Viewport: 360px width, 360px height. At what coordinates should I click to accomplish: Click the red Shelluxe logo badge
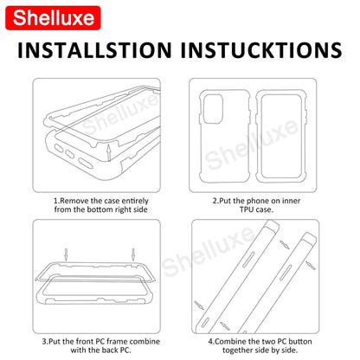53,18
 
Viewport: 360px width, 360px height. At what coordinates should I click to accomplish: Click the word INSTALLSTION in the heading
94,50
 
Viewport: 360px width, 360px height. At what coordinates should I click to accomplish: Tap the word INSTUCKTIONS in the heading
261,50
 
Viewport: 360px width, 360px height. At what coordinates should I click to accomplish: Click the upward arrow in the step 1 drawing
108,153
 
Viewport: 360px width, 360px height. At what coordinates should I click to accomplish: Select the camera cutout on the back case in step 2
213,109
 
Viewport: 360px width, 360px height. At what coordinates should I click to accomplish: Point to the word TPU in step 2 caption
247,209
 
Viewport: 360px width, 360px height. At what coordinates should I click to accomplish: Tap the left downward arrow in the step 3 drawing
66,254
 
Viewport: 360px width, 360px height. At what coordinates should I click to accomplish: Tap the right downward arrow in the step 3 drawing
133,254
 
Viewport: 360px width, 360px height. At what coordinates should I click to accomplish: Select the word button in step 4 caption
300,342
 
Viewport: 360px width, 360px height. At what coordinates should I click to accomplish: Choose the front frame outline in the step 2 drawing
256,136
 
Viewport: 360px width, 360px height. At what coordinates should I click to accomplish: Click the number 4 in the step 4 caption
210,342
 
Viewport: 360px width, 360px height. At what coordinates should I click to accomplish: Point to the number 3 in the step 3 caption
44,342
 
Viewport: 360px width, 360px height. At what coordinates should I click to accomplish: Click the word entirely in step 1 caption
135,201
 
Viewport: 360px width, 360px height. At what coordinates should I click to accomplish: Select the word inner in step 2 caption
291,201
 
